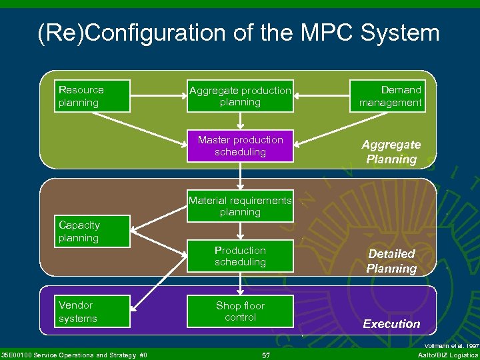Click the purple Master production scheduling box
pos(240,146)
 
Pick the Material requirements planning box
pos(240,207)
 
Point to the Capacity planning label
pos(79,232)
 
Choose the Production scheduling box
pos(240,257)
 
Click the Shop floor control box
pos(240,311)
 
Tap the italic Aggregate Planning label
pos(391,152)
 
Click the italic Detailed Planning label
pos(391,261)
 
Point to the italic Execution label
pos(391,324)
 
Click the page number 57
pos(266,355)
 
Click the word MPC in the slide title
pos(307,33)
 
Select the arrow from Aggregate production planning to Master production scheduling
pos(240,120)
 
